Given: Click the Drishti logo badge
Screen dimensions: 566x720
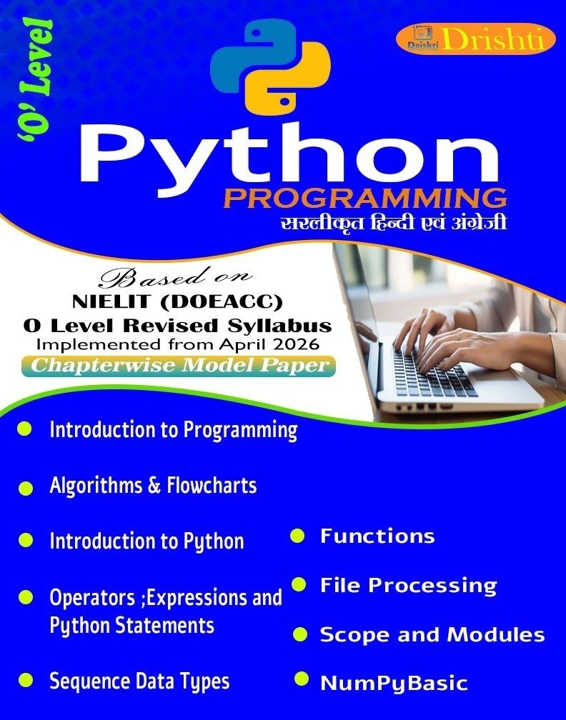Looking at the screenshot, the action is pyautogui.click(x=470, y=40).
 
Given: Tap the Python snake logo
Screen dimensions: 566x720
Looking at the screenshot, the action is pyautogui.click(x=271, y=67).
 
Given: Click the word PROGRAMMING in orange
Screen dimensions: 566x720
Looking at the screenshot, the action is pyautogui.click(x=365, y=199).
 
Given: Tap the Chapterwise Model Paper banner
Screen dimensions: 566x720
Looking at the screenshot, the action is pyautogui.click(x=178, y=366).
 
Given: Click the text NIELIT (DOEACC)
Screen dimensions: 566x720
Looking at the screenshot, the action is pyautogui.click(x=177, y=301).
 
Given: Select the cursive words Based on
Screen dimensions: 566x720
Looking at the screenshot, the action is pyautogui.click(x=177, y=276).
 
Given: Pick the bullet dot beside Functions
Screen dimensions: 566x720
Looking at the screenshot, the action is pyautogui.click(x=297, y=536).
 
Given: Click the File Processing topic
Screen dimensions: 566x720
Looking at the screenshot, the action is pyautogui.click(x=409, y=586).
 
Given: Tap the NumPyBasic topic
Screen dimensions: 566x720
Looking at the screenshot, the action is pyautogui.click(x=394, y=683).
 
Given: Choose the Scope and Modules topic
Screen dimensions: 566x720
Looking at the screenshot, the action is pyautogui.click(x=432, y=634).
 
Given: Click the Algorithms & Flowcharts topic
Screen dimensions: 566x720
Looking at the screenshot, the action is pyautogui.click(x=153, y=486).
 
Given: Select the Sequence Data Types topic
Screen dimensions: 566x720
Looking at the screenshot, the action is pyautogui.click(x=139, y=681).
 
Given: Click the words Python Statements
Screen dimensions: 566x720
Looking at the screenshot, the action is pyautogui.click(x=131, y=626).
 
